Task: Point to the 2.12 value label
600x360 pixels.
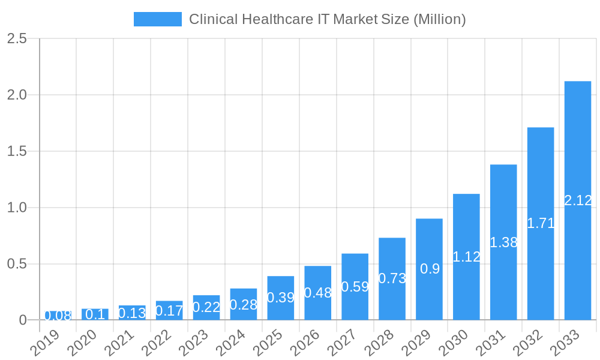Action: (578, 201)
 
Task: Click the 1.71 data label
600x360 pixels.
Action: (541, 224)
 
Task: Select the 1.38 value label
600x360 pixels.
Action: (503, 243)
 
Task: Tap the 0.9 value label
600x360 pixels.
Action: (430, 269)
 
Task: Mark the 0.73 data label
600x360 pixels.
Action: (392, 278)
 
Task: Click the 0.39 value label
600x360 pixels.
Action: (281, 298)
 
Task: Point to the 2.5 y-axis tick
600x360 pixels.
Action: (17, 39)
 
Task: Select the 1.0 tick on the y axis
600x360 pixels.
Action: (17, 208)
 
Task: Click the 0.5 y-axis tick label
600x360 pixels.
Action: (17, 264)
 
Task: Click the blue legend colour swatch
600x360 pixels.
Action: (157, 19)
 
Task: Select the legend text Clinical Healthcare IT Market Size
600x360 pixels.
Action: (327, 19)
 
